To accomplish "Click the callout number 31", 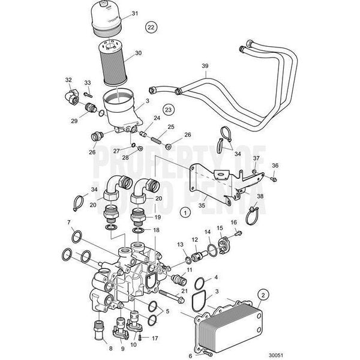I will click(x=134, y=13).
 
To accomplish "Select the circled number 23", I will click(x=168, y=110).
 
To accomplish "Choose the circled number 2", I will click(x=263, y=295).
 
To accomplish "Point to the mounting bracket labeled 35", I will click(x=210, y=179).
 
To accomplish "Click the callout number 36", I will click(x=275, y=165).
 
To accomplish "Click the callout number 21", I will click(x=185, y=291).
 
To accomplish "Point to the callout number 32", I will click(x=68, y=79).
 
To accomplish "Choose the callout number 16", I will click(x=234, y=223).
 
